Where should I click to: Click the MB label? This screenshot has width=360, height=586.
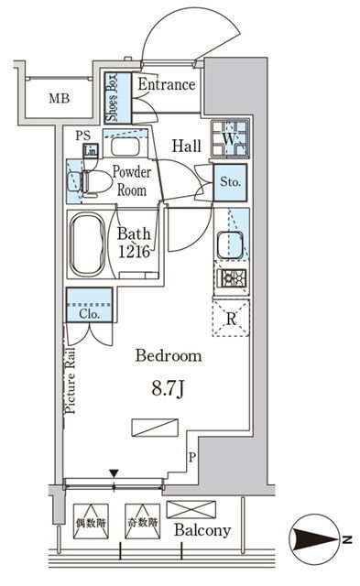[60, 98]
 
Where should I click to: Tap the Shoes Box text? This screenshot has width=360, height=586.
[112, 98]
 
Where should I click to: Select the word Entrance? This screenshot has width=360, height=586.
[167, 84]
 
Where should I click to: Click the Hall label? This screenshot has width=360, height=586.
[187, 146]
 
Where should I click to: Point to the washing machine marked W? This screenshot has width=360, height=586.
[229, 138]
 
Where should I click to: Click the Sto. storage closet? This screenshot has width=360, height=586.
[230, 182]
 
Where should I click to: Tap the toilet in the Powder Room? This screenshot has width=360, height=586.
[94, 183]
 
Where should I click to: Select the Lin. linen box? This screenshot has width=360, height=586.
[91, 151]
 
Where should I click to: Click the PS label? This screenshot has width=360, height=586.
[82, 136]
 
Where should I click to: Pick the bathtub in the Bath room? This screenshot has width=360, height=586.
[88, 244]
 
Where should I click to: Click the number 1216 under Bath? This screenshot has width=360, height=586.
[134, 252]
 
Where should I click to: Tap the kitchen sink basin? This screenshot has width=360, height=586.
[230, 244]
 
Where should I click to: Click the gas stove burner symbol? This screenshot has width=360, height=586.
[233, 278]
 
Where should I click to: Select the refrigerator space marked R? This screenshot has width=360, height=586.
[231, 318]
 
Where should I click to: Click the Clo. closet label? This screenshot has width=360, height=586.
[90, 314]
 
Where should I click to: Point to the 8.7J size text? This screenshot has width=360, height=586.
[168, 389]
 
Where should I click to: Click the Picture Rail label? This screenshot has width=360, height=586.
[71, 381]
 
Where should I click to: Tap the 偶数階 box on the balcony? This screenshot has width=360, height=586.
[91, 521]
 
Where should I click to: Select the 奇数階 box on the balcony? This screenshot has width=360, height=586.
[142, 521]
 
